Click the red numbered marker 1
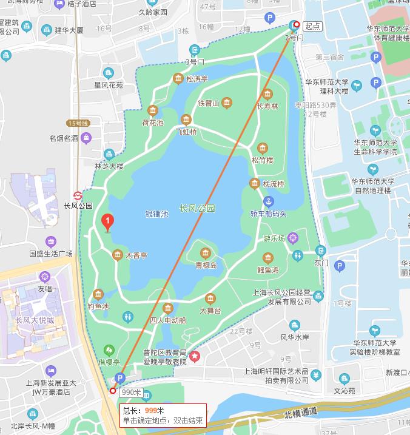tap(107, 223)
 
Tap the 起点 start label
tap(312, 25)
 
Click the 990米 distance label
tap(130, 393)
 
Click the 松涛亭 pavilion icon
tap(178, 78)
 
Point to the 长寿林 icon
tap(267, 94)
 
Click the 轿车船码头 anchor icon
tap(268, 201)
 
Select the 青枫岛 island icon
tap(206, 253)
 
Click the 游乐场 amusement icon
tap(294, 238)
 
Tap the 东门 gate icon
tap(321, 251)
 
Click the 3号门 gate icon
tap(194, 50)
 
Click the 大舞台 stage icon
tap(210, 298)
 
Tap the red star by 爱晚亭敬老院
tap(195, 356)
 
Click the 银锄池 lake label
tap(156, 214)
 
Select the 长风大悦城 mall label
tap(35, 320)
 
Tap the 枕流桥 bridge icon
tap(255, 183)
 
